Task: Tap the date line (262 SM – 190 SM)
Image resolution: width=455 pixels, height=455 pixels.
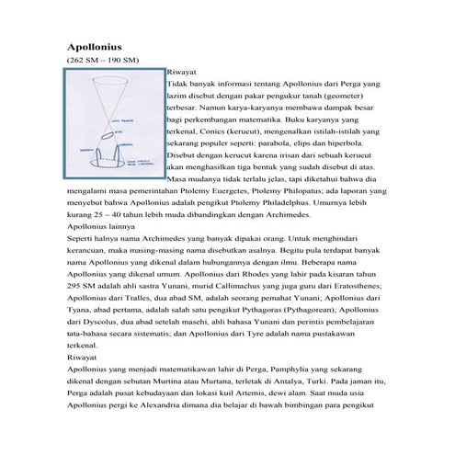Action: tap(102, 60)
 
